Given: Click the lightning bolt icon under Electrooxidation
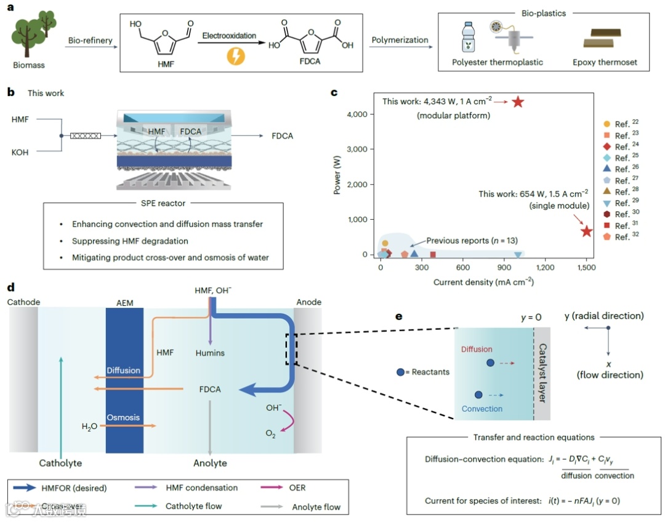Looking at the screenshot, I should coord(236,57).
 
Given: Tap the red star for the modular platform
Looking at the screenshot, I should coord(518,102).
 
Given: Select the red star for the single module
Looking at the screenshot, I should coord(587,231).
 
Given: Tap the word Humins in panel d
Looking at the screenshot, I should coord(211,353).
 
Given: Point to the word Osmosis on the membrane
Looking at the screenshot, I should coord(124,417).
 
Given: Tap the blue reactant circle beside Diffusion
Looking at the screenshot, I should coord(490,363).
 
